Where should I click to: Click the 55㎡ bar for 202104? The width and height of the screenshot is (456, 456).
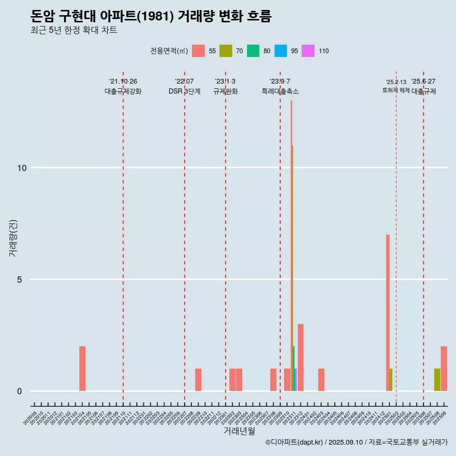coord(82,369)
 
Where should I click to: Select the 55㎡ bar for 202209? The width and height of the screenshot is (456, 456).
coord(198,380)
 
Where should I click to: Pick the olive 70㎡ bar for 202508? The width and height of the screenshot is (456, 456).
coord(437,380)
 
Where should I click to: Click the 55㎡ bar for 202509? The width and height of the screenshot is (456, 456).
coord(444,369)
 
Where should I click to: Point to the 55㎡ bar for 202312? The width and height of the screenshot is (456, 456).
coord(301,357)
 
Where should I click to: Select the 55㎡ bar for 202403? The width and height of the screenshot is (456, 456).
coord(321,380)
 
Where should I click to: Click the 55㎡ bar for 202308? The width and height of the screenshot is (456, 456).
coord(273,380)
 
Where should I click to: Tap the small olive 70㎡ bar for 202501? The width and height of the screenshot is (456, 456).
coord(391,380)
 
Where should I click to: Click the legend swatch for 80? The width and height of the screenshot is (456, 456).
coord(253,51)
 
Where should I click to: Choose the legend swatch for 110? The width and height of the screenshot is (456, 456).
coord(308,51)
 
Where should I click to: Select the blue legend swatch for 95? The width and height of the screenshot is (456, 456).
coord(281,51)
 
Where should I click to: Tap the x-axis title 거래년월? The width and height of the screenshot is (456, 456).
coord(239,431)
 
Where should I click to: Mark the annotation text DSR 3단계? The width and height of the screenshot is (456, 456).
coord(184,91)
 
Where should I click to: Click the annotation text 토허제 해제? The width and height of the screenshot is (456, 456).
coord(396,90)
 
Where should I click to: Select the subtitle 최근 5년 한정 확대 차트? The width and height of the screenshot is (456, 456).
coord(73,30)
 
